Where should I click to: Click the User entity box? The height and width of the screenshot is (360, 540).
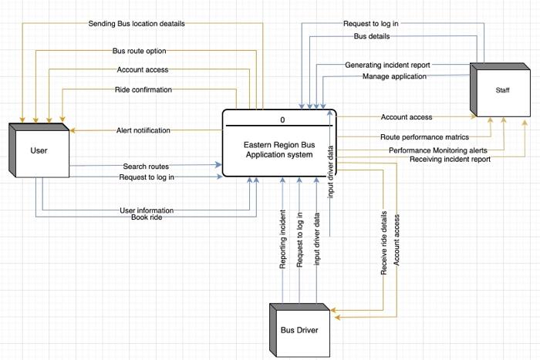(x=39, y=151)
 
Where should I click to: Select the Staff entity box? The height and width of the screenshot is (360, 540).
(x=502, y=90)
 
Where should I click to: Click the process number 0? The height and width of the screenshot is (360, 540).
(x=282, y=119)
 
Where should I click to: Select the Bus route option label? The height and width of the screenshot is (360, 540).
(x=140, y=51)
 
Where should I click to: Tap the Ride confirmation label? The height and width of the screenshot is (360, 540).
(x=143, y=89)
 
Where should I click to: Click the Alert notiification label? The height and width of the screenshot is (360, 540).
(x=143, y=130)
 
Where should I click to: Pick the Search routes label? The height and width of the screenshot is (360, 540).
(x=146, y=166)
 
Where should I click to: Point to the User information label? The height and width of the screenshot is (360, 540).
(x=146, y=210)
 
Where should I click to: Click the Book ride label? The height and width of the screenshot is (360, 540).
(x=146, y=217)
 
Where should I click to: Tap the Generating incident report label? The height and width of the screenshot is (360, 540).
(x=387, y=65)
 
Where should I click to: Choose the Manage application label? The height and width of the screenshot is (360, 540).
(x=395, y=76)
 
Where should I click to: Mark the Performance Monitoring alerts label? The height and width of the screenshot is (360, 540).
(x=437, y=150)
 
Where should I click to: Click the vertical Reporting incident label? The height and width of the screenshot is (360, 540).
(x=283, y=239)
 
